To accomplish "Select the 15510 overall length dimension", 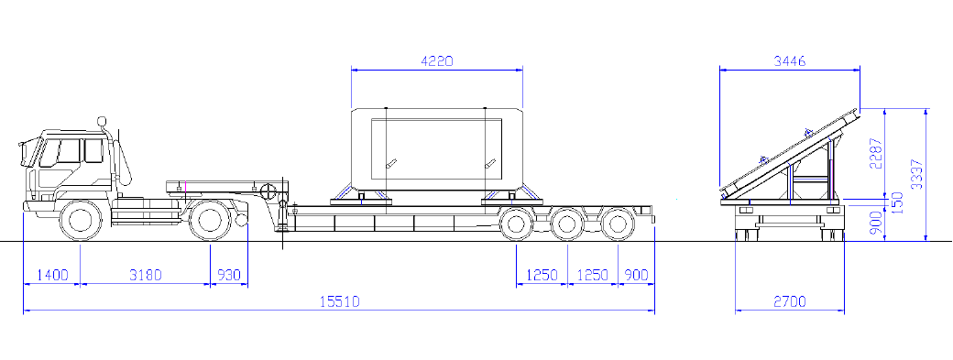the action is pos(340,301).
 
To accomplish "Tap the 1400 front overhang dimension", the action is pos(52,275).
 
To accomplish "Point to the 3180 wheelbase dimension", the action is pos(146,275).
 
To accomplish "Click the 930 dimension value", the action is pos(229,275).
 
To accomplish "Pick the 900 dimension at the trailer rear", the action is pos(636,275).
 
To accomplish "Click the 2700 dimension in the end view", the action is pos(790,301).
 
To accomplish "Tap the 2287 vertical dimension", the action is pos(876,154).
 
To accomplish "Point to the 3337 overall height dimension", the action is pos(917,174).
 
